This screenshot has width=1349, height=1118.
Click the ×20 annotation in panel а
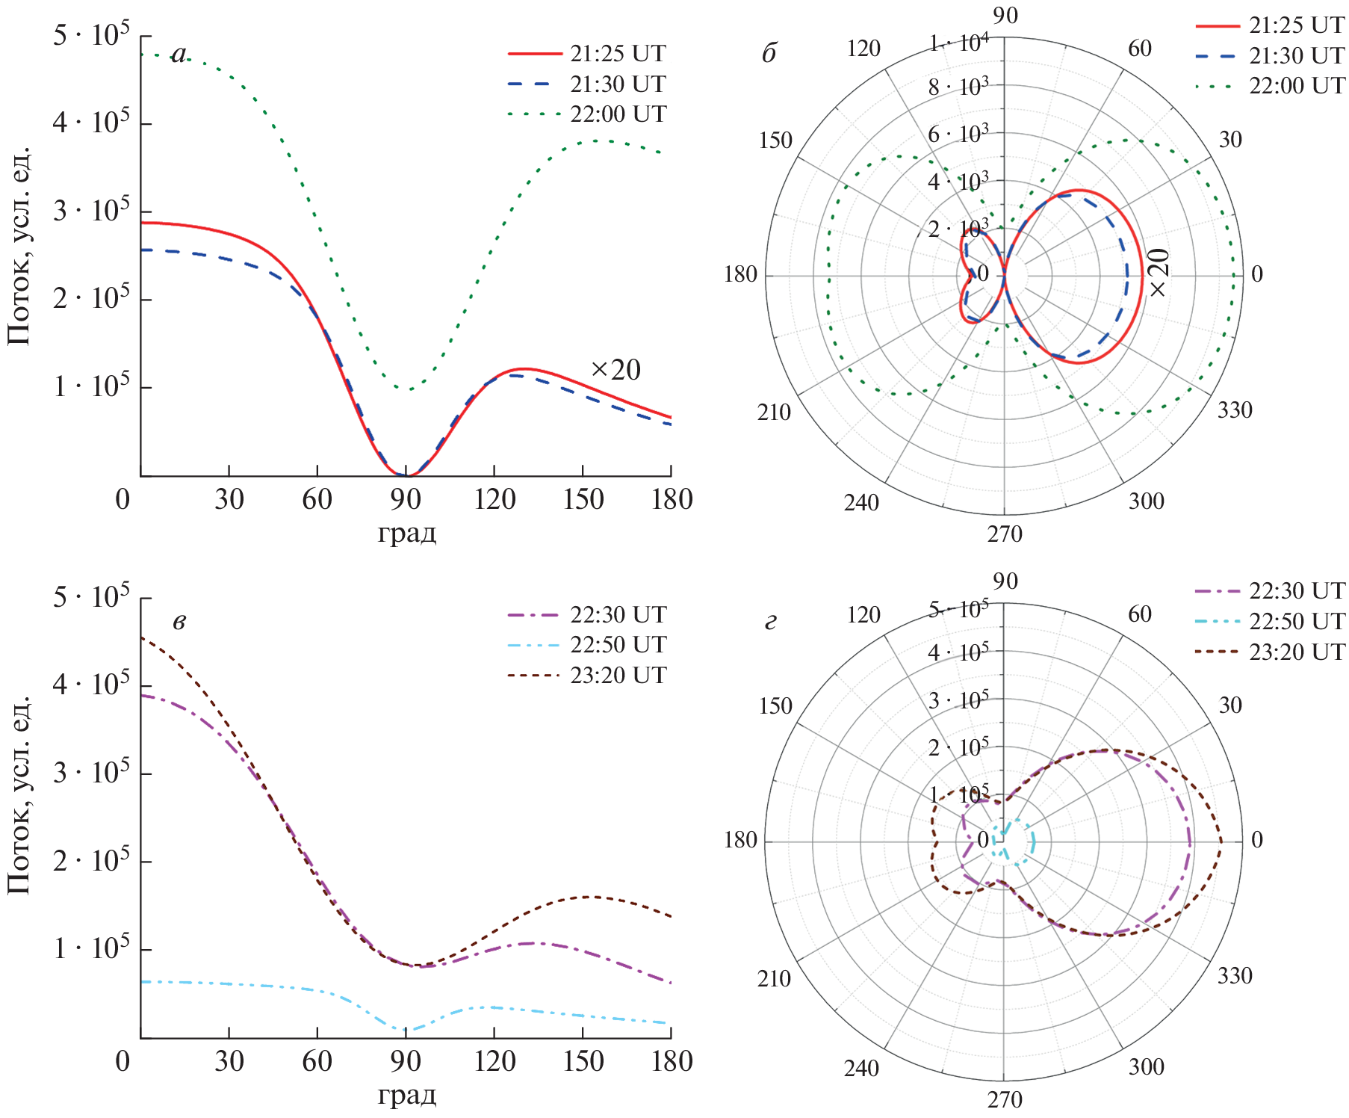click(615, 370)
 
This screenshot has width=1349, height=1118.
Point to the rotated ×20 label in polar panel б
click(1159, 273)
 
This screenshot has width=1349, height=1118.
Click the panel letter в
click(179, 621)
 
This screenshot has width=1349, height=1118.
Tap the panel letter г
click(770, 621)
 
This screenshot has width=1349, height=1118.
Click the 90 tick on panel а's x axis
click(406, 499)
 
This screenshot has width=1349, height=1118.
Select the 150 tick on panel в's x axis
click(583, 1061)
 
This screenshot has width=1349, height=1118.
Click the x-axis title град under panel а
click(406, 534)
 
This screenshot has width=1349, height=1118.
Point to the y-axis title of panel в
click(19, 794)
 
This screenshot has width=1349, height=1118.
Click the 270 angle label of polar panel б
click(1005, 534)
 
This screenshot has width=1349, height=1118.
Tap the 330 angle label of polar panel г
click(1235, 976)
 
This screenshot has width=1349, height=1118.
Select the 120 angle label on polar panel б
click(863, 49)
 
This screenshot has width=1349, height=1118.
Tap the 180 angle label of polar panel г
click(740, 841)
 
